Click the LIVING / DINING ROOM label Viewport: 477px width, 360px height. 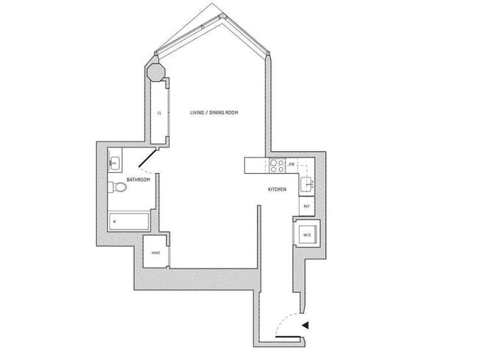click(x=214, y=112)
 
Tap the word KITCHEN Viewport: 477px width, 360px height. click(x=276, y=190)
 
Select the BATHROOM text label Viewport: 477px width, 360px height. click(x=138, y=180)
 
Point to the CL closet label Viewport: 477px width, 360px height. click(x=159, y=113)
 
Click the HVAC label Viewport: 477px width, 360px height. click(x=156, y=253)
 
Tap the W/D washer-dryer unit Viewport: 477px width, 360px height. click(x=307, y=235)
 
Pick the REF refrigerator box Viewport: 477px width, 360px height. click(x=307, y=206)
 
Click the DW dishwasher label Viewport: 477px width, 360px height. click(x=291, y=164)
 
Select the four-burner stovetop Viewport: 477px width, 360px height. click(x=277, y=166)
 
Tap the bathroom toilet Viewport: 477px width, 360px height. click(x=119, y=188)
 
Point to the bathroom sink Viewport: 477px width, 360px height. click(x=115, y=162)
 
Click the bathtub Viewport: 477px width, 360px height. click(x=129, y=220)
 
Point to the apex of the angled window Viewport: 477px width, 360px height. click(x=212, y=7)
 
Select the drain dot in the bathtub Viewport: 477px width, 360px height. click(x=114, y=220)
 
